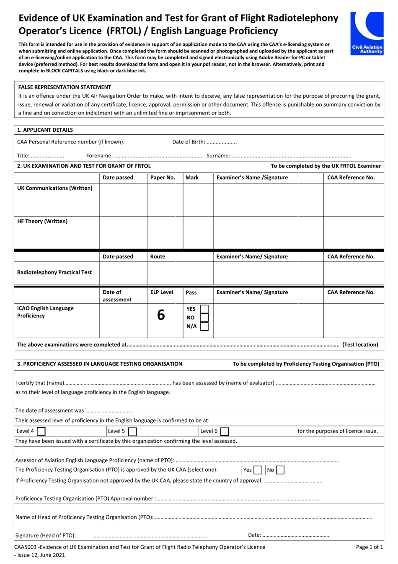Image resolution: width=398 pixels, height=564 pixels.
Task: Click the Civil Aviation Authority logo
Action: click(367, 33)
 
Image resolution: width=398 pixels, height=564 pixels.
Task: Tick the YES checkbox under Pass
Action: click(204, 309)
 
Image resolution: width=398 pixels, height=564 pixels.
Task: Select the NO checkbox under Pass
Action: click(204, 318)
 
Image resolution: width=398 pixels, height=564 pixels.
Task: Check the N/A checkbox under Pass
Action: click(204, 326)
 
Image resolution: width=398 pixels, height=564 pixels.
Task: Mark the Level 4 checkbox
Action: click(41, 431)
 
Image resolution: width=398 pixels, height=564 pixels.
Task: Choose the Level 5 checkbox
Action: click(132, 431)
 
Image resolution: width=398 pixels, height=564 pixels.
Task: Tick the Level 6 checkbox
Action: click(225, 431)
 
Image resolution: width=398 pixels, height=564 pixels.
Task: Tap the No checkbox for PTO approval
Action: click(280, 470)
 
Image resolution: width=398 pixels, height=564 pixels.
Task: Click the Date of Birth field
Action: click(222, 142)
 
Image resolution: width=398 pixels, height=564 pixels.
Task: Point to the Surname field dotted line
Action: click(291, 156)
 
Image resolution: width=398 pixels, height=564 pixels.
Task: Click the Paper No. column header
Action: click(163, 178)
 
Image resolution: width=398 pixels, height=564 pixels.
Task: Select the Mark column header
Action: click(192, 178)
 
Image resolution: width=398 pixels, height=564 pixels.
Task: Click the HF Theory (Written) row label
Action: click(42, 221)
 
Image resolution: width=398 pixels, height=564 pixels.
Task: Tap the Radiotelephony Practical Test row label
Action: click(54, 272)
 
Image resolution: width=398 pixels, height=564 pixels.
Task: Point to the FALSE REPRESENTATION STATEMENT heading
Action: click(65, 87)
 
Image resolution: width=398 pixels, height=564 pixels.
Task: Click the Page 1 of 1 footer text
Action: click(369, 547)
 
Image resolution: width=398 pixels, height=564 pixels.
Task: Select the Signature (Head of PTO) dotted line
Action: click(150, 535)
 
